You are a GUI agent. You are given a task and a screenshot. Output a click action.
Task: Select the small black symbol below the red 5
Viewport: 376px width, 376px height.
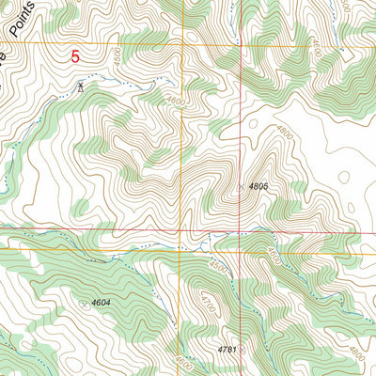[81, 86]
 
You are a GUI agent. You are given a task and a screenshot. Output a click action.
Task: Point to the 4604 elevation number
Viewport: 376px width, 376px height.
[102, 304]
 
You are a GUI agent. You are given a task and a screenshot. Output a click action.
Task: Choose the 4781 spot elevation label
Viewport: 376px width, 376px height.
[226, 349]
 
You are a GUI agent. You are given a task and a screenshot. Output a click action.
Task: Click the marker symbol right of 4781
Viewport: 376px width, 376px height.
[241, 349]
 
